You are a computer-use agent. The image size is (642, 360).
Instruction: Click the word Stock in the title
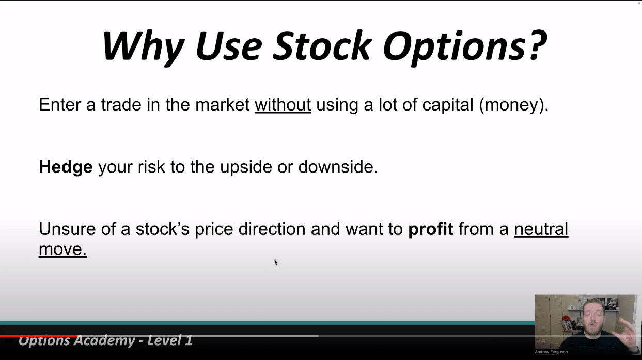coord(322,46)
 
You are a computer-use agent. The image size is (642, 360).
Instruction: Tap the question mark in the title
coord(538,45)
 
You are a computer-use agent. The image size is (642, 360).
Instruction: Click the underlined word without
coord(283,104)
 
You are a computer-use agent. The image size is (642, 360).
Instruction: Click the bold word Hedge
coord(66,167)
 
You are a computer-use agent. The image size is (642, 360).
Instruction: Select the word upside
coord(246,167)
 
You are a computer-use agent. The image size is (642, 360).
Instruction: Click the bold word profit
coord(430,229)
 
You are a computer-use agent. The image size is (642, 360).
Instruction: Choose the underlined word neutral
coord(541,229)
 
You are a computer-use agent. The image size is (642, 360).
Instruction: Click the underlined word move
coord(62,249)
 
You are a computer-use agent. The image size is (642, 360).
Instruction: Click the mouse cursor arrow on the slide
coord(276,263)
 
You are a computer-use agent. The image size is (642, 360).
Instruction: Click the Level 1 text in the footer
coord(170,340)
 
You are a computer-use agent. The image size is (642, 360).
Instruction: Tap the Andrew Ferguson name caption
coord(551,352)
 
